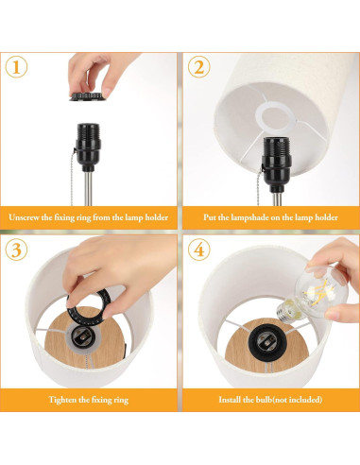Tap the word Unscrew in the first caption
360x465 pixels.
29,217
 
